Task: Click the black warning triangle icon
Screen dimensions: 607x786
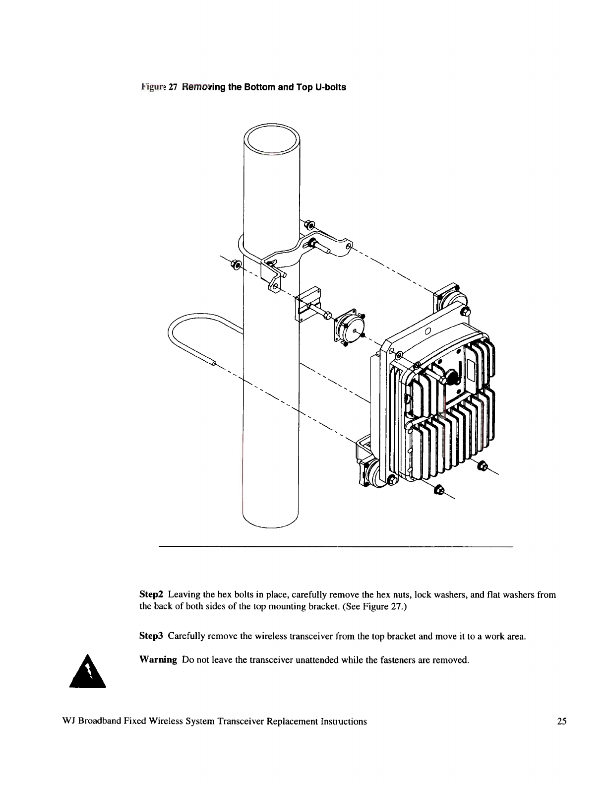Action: [x=88, y=672]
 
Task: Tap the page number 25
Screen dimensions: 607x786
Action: [x=561, y=721]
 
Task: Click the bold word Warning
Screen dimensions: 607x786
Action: [x=158, y=659]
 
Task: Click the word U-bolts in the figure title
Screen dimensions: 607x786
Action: [x=330, y=87]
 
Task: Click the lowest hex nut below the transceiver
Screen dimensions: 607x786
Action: [x=438, y=491]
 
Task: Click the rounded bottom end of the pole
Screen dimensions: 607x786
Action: [x=270, y=524]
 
